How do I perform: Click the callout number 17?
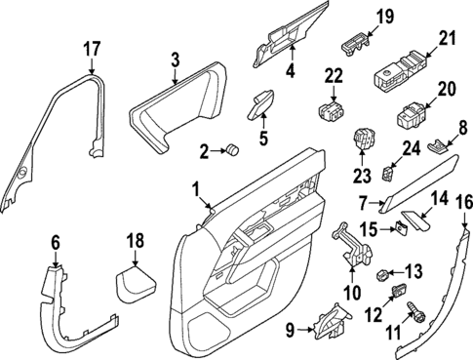click(x=91, y=47)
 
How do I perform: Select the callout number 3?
click(x=175, y=60)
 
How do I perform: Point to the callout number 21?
click(x=447, y=38)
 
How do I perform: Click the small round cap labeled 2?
click(x=235, y=149)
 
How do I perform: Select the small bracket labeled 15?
click(x=399, y=229)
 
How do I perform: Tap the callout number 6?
click(x=56, y=242)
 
